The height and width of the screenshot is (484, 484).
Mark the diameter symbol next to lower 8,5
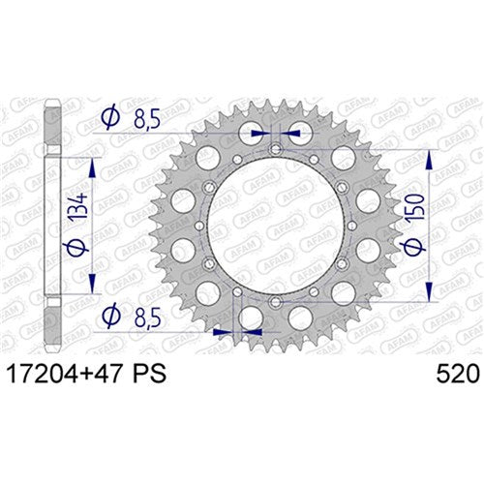tap(109, 315)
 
